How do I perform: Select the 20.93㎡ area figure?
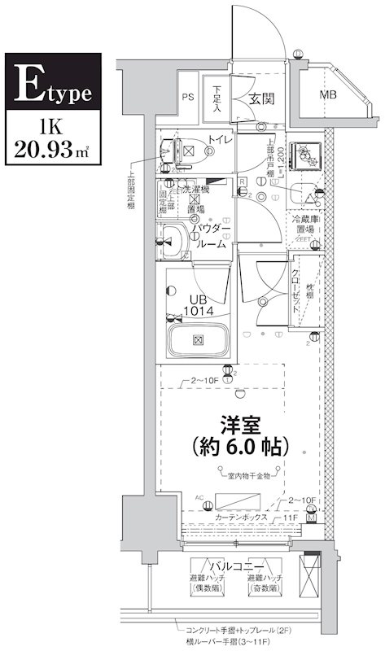(x=52, y=151)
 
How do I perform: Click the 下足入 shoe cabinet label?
(x=218, y=97)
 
